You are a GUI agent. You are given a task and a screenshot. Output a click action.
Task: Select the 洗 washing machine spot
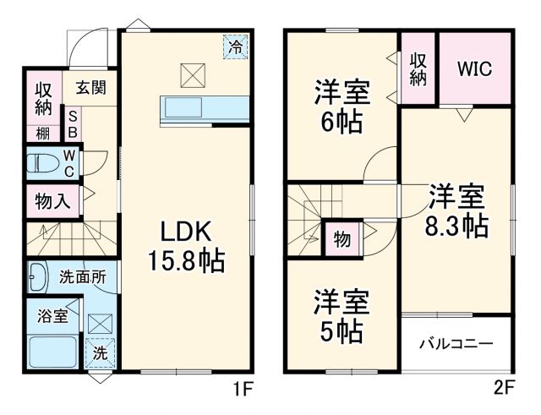[99, 354]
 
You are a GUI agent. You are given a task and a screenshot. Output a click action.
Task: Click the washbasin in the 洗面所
[39, 276]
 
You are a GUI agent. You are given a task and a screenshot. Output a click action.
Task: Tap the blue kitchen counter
[203, 109]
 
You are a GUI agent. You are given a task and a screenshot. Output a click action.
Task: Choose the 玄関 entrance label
[90, 86]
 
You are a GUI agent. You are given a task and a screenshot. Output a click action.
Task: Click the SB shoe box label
[73, 124]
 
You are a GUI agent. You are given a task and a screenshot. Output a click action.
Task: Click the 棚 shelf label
[42, 133]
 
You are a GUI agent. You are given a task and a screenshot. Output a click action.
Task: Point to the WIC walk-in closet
[474, 68]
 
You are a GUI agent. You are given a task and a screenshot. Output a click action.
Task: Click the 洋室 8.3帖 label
[456, 211]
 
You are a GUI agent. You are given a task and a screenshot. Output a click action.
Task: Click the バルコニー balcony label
[456, 345]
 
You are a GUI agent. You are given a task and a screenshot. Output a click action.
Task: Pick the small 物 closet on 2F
[342, 239]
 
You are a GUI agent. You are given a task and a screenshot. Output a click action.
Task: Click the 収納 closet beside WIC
[418, 68]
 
